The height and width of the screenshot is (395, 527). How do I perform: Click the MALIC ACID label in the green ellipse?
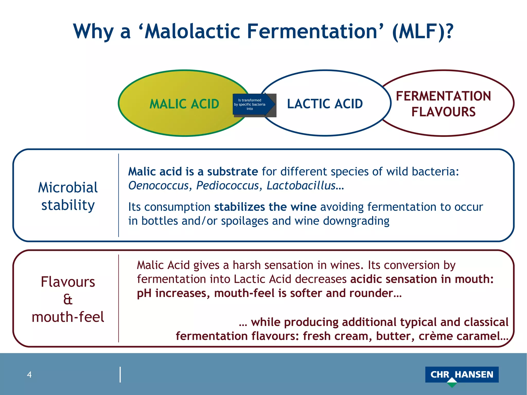184,104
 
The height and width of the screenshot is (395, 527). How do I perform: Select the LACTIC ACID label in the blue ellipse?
325,104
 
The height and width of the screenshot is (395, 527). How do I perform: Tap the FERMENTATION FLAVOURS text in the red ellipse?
443,104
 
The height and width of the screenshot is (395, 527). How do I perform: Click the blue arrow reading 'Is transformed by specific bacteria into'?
251,104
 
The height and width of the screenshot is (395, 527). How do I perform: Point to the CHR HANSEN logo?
462,374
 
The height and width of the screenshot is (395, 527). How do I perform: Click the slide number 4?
29,375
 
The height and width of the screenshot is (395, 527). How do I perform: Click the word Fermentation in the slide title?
312,31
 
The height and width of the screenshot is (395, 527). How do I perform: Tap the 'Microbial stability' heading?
68,196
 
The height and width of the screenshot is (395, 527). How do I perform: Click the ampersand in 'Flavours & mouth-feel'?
68,300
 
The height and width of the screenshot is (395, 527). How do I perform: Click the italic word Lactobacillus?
301,186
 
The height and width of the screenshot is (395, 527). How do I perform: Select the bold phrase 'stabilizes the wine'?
265,207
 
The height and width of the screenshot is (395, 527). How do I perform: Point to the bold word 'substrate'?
232,172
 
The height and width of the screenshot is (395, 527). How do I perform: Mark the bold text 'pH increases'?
173,293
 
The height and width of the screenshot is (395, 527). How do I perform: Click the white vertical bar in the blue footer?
120,375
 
